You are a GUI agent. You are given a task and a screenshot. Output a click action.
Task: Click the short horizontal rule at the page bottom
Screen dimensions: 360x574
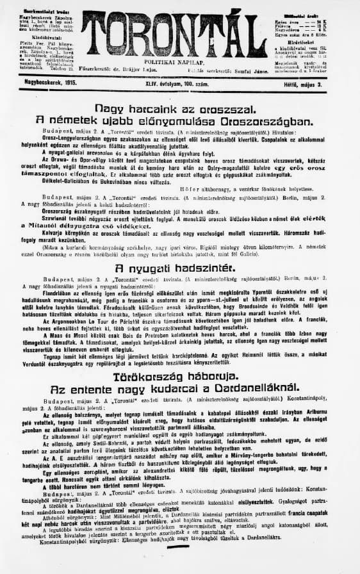pos(179,567)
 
